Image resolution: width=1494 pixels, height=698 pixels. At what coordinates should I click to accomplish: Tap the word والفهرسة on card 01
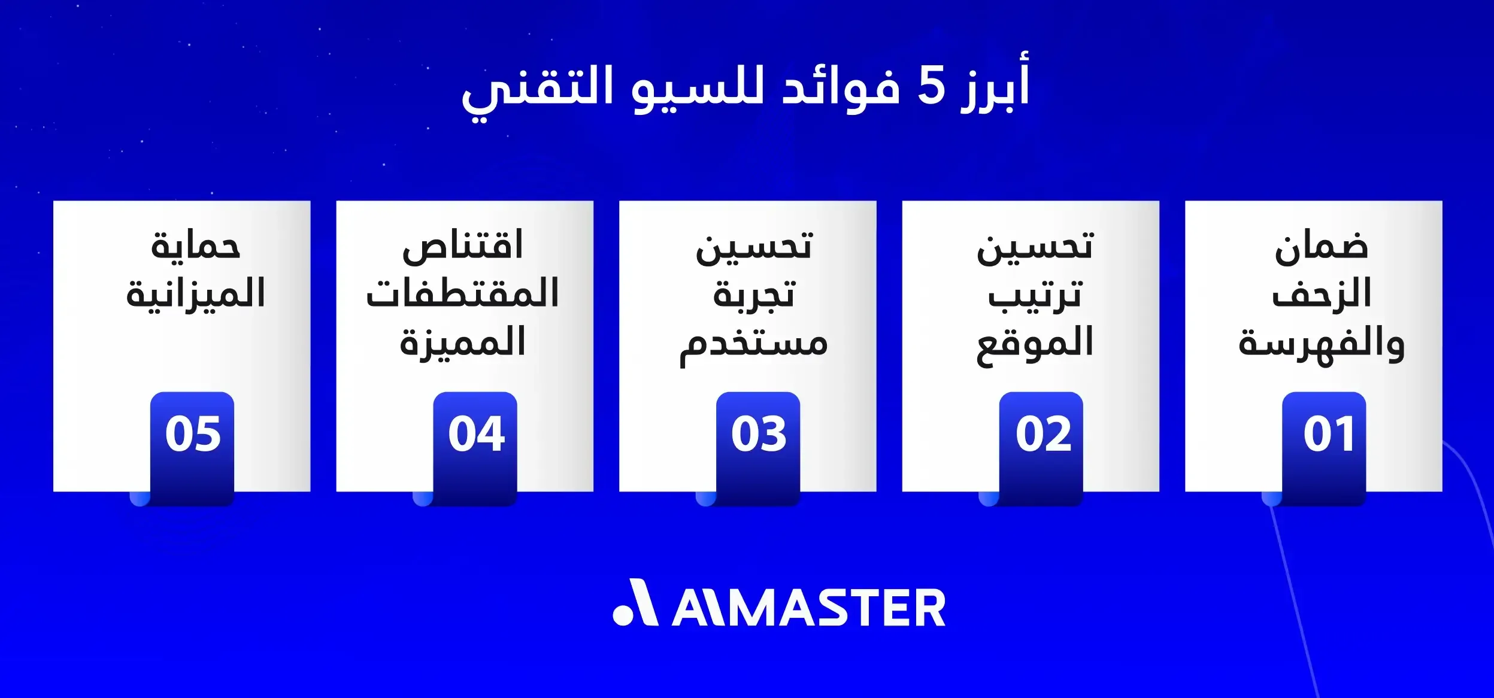pyautogui.click(x=1321, y=345)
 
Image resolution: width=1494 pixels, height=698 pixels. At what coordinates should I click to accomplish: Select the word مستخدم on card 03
pyautogui.click(x=753, y=345)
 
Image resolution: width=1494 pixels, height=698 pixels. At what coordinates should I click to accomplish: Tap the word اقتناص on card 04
pyautogui.click(x=463, y=245)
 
